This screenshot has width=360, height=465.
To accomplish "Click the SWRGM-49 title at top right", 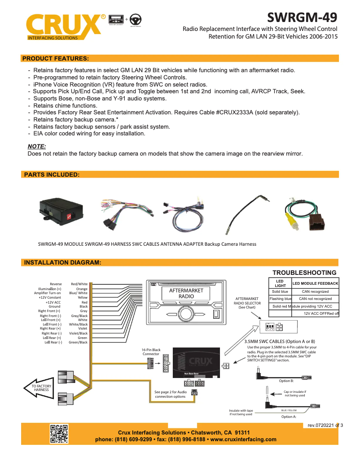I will [x=302, y=17].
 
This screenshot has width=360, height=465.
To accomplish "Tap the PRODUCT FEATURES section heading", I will [x=55, y=58].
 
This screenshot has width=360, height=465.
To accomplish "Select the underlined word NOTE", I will [x=37, y=146].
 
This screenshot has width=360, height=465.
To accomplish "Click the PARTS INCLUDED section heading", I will [x=52, y=174].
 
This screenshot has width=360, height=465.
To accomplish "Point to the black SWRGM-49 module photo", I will [x=63, y=209].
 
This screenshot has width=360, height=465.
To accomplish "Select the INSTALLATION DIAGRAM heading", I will [x=62, y=262].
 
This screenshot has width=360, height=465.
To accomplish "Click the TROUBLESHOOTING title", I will [x=304, y=273].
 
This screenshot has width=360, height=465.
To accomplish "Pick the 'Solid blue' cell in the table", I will [x=280, y=291].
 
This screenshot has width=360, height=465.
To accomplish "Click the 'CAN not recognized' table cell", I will [x=315, y=299].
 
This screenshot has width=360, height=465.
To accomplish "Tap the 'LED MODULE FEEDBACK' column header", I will [x=315, y=284].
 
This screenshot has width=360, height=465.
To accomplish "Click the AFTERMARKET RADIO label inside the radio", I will [x=186, y=293].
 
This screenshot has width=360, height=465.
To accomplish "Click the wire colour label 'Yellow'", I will [x=83, y=297].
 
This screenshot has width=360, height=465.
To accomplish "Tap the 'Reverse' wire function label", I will [x=56, y=284].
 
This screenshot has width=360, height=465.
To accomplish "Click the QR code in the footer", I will [x=58, y=433].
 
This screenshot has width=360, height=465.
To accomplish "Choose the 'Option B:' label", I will [x=286, y=381].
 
